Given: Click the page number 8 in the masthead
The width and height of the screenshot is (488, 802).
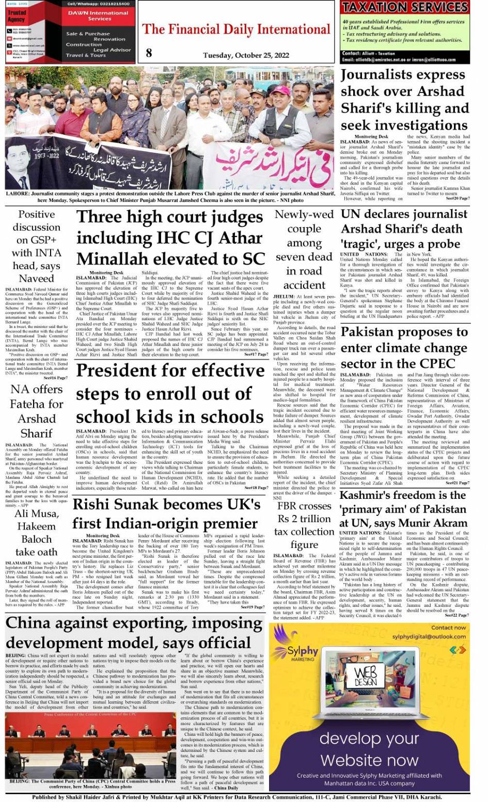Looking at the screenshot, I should pos(149,52).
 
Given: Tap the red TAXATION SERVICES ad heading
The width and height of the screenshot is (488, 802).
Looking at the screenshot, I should pos(405,7).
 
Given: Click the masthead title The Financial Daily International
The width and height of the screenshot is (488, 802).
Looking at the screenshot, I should pos(236,29).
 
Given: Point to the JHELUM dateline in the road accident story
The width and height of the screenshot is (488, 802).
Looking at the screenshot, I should pos(284,297).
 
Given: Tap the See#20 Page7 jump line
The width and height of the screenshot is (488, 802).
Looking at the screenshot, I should pos(458,198).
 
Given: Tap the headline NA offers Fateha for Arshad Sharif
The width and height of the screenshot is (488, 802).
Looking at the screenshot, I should pos(37,411).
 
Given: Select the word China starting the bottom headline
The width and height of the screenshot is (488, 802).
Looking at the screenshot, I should pos(28,624).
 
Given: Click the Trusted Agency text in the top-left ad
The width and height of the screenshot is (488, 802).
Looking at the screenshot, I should pos(17,15).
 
